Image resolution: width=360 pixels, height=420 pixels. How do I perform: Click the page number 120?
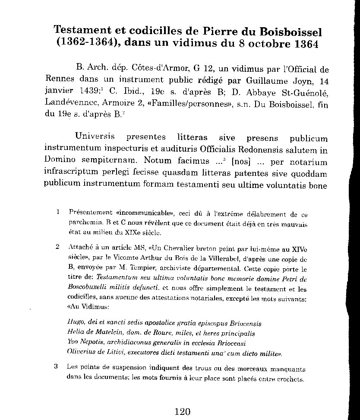pyautogui.click(x=183, y=411)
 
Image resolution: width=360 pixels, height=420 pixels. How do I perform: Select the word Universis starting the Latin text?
pyautogui.click(x=95, y=137)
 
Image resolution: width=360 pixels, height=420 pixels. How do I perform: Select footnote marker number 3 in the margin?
pyautogui.click(x=56, y=367)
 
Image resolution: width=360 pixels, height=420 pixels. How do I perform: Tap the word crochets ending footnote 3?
pyautogui.click(x=292, y=380)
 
